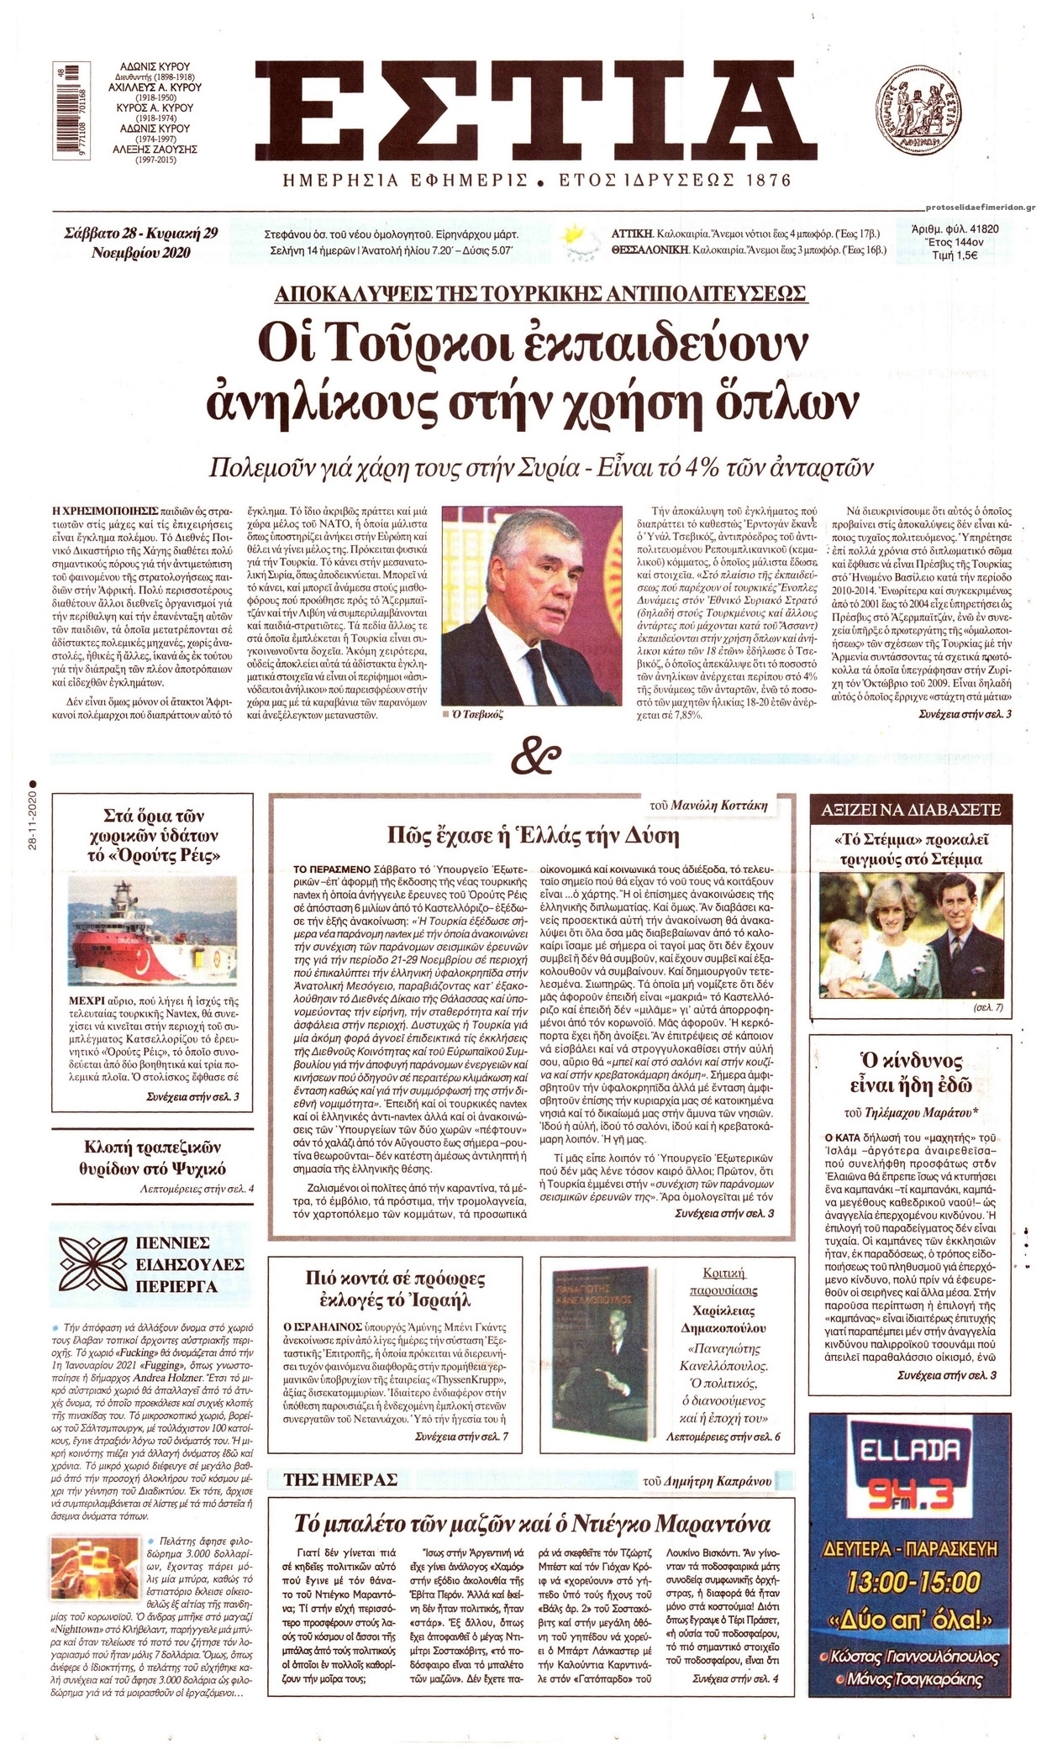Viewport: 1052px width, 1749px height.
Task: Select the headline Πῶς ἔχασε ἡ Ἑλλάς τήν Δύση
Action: (x=533, y=835)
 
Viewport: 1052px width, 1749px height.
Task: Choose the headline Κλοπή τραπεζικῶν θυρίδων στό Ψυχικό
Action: (x=153, y=1157)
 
